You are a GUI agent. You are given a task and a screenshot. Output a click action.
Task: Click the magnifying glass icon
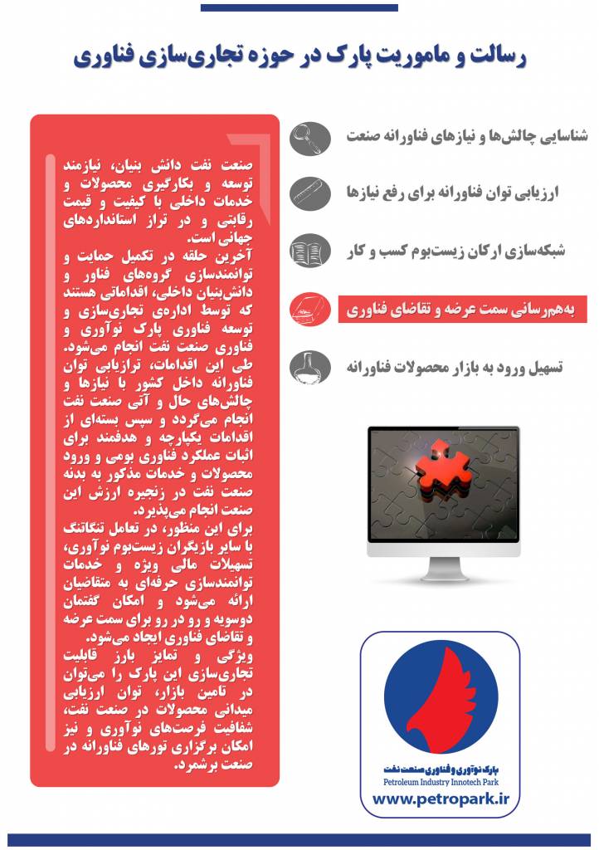pyautogui.click(x=310, y=138)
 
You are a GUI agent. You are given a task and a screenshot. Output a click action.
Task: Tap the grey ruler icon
pyautogui.click(x=310, y=193)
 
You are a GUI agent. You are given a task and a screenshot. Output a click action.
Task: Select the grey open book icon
pyautogui.click(x=310, y=252)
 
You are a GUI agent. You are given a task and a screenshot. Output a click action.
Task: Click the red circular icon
pyautogui.click(x=310, y=310)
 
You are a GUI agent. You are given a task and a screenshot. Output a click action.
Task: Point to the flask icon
pyautogui.click(x=310, y=368)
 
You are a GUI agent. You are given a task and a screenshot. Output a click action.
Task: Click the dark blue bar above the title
pyautogui.click(x=299, y=7)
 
